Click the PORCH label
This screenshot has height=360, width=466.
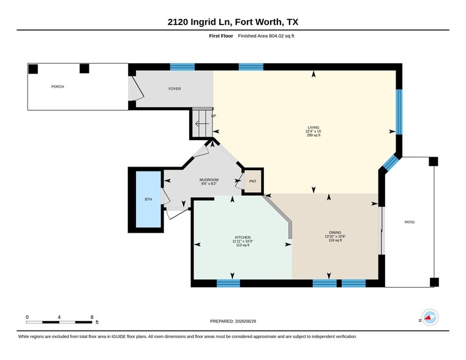click(x=58, y=86)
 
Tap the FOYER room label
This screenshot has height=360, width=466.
click(x=175, y=89)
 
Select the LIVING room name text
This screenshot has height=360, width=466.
click(x=314, y=127)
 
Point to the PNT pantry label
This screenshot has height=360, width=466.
click(x=253, y=181)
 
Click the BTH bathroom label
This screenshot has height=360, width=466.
click(x=148, y=200)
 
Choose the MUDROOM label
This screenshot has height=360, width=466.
click(x=209, y=180)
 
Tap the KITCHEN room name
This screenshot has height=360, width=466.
click(x=243, y=238)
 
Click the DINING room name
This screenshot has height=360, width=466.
click(x=335, y=232)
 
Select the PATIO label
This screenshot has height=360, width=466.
click(x=410, y=222)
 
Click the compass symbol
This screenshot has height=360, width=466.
click(x=430, y=318)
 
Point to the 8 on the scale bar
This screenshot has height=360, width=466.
click(x=92, y=317)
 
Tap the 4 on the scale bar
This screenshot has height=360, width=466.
click(x=59, y=317)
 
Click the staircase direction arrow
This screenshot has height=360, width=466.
click(x=202, y=124)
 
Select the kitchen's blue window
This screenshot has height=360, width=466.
click(x=228, y=283)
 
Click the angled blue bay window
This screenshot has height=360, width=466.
click(x=390, y=162)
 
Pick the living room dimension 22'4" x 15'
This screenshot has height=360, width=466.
click(x=314, y=131)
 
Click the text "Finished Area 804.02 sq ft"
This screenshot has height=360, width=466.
click(x=266, y=36)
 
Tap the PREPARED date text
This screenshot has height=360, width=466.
click(x=233, y=321)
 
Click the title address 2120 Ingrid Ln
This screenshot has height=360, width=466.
click(x=200, y=22)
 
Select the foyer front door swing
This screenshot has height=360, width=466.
click(x=138, y=88)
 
